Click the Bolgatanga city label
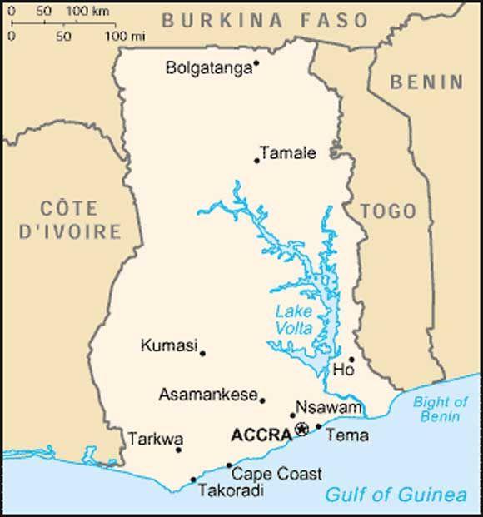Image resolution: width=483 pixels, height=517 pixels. tap(208, 68)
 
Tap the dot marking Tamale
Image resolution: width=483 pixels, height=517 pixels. tap(257, 160)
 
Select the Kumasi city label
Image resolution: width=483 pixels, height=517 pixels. tap(169, 345)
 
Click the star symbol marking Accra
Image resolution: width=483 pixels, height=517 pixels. tap(301, 429)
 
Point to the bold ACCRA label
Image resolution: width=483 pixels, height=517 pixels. tap(261, 435)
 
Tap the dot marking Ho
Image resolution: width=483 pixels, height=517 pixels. tap(351, 360)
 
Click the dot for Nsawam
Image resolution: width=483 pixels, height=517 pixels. tap(292, 415)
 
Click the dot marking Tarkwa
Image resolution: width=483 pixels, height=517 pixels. tap(178, 450)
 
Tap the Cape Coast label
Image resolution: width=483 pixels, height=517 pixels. tap(276, 474)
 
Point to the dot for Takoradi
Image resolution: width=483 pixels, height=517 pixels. tap(193, 480)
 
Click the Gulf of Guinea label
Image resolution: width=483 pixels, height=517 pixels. tap(396, 495)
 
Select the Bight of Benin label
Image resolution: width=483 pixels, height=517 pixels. tap(441, 408)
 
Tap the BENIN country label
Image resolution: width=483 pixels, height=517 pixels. tap(427, 82)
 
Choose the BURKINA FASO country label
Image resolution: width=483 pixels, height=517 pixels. tap(264, 21)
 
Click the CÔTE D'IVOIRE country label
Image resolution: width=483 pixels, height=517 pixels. tap(69, 220)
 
